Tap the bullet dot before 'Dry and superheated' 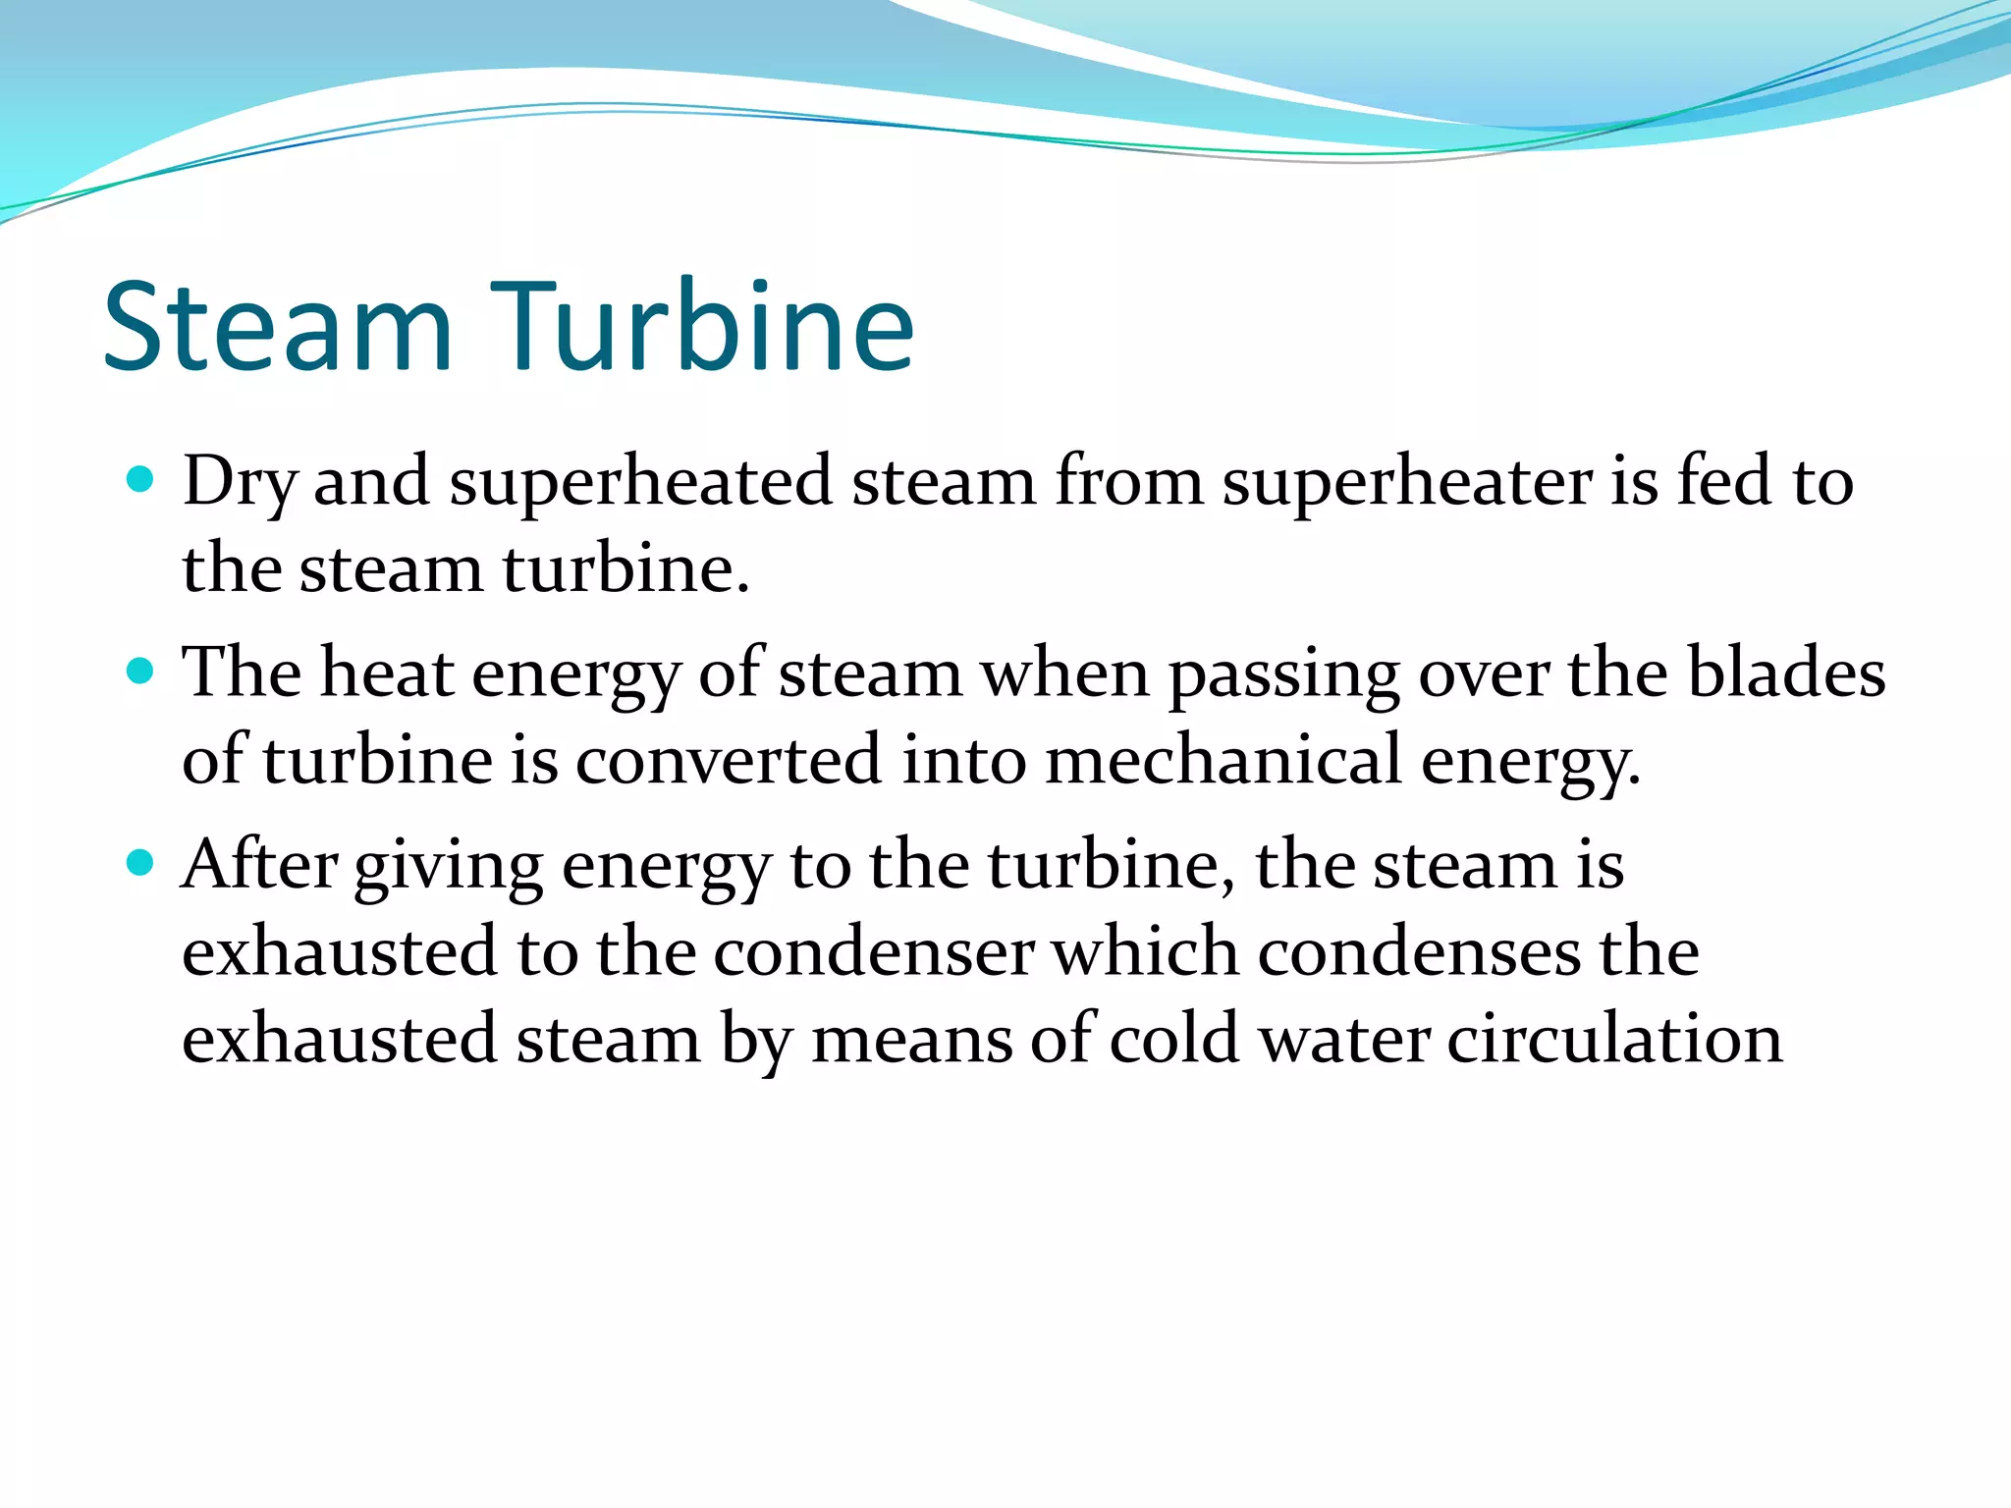141,479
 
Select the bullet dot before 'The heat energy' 141,672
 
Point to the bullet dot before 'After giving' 141,863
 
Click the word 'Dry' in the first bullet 239,483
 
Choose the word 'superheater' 1407,483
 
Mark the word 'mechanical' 1223,761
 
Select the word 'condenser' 874,952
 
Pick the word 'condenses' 1419,952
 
